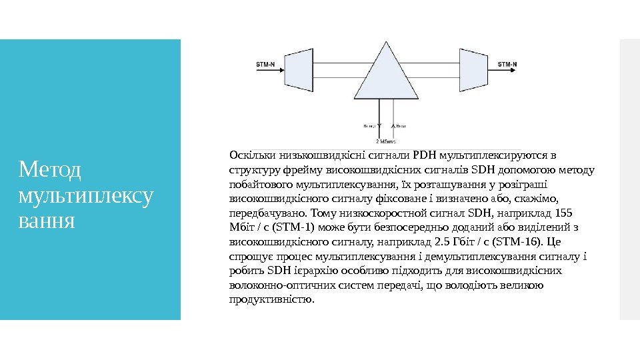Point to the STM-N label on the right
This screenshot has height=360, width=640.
pyautogui.click(x=507, y=65)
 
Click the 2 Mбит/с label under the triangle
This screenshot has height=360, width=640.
pyautogui.click(x=387, y=141)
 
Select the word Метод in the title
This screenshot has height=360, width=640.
pyautogui.click(x=50, y=171)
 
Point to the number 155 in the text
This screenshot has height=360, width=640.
pyautogui.click(x=563, y=213)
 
